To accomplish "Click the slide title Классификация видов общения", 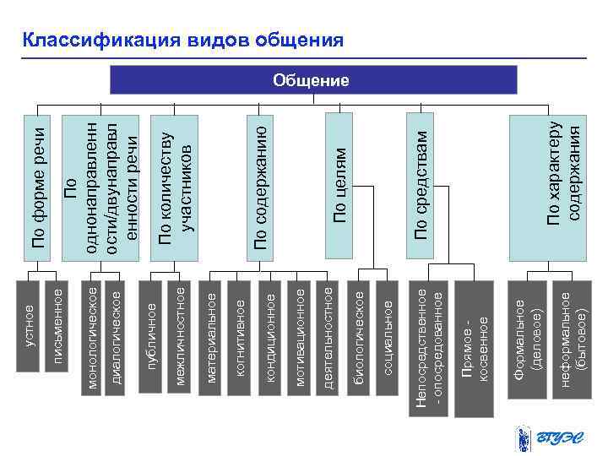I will tap(183, 41).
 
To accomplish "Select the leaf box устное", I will tap(30, 336).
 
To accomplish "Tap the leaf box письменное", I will tap(56, 336).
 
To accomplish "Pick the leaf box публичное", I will tap(152, 336).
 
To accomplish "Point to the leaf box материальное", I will tap(212, 336).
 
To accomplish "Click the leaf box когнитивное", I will tap(240, 336).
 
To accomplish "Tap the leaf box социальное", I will tap(387, 336).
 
